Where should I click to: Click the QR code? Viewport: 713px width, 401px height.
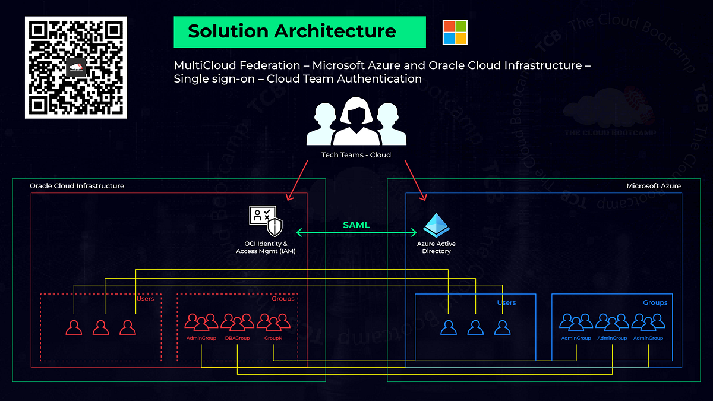click(75, 68)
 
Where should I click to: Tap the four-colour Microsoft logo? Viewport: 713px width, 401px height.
click(455, 32)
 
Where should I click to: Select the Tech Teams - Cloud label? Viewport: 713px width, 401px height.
click(356, 156)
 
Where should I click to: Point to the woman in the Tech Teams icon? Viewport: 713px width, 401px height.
click(356, 122)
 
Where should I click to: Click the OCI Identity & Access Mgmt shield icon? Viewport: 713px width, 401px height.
click(266, 222)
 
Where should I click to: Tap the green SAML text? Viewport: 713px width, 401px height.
click(356, 225)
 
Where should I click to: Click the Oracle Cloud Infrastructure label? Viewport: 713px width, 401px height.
click(77, 186)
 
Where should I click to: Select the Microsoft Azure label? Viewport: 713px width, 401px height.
click(654, 186)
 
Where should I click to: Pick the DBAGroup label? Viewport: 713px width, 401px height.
click(237, 338)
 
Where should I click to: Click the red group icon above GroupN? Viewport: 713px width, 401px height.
click(273, 323)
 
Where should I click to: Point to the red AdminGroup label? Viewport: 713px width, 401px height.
click(201, 338)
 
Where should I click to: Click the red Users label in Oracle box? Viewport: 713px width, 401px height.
click(145, 299)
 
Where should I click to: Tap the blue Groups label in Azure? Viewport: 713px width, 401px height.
click(655, 302)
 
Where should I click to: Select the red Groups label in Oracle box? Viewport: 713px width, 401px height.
click(283, 299)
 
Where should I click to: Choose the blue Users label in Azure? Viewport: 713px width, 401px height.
click(506, 302)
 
